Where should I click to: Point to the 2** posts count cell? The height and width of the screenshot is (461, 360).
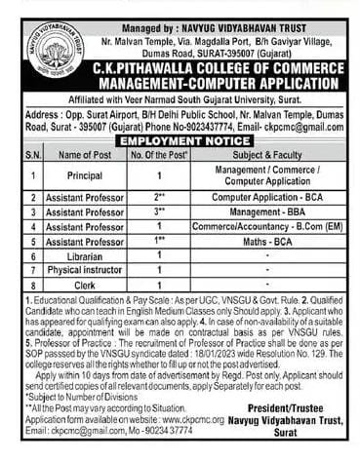point(159,196)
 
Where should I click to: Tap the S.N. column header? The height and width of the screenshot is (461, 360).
point(20,154)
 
